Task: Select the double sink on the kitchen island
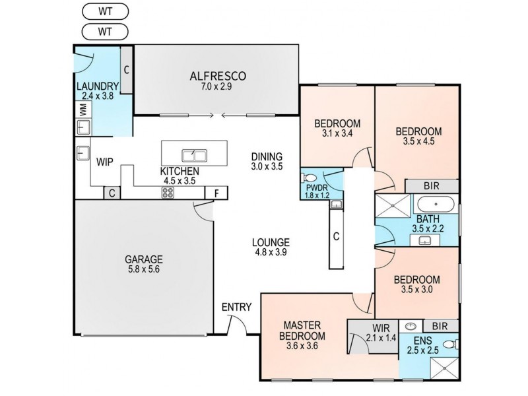[x=194, y=156]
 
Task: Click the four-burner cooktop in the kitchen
[x=168, y=193]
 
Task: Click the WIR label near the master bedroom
[x=371, y=328]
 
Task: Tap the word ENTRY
[x=236, y=307]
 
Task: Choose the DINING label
[x=267, y=157]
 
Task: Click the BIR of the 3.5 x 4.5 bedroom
[x=432, y=187]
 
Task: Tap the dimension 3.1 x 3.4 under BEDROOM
[x=337, y=133]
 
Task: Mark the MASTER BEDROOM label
[x=302, y=330]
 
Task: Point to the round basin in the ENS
[x=411, y=325]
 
